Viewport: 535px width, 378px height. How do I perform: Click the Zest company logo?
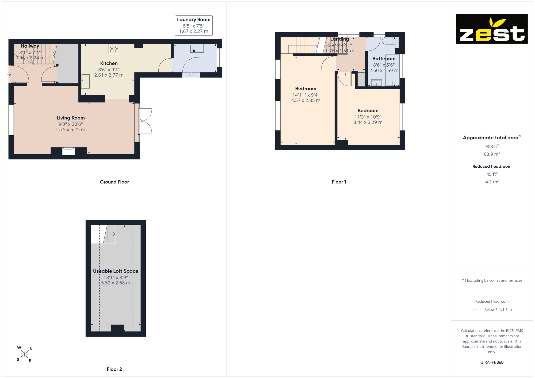tap(492, 29)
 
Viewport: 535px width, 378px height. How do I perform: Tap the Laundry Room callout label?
tap(194, 25)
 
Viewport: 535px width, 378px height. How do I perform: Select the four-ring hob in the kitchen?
tap(114, 49)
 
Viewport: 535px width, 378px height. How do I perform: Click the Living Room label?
tap(71, 118)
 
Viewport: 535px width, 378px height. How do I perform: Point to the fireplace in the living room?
tap(68, 151)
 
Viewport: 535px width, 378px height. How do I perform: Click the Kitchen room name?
tap(109, 63)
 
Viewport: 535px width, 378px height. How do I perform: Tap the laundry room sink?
tap(197, 48)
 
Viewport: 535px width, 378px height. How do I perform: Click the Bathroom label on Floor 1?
tap(384, 59)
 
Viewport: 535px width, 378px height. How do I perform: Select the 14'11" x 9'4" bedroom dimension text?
tap(306, 95)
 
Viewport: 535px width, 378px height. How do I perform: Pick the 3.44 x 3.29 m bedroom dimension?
tap(368, 122)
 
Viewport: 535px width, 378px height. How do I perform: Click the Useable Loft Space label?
tap(116, 271)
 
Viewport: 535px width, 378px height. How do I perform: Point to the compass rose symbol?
tap(24, 354)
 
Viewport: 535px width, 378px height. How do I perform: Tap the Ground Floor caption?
tap(114, 182)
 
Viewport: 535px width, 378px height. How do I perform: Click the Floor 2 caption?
tap(114, 369)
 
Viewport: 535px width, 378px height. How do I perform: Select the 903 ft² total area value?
tap(492, 146)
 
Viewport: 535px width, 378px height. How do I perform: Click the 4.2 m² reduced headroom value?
tap(492, 182)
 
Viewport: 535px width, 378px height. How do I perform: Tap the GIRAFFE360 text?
tap(492, 362)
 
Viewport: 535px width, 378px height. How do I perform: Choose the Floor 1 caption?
tap(339, 182)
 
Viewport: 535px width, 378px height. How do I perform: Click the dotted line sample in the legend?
tap(477, 310)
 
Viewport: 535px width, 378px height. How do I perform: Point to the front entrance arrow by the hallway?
tap(9, 74)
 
